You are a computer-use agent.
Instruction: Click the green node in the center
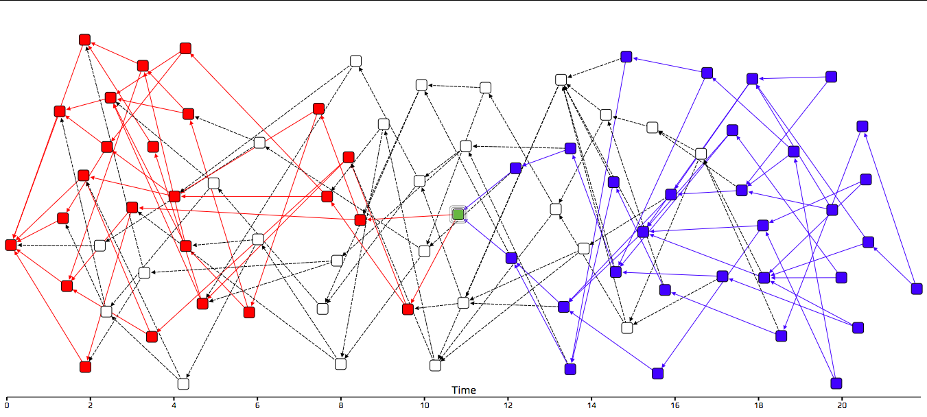coord(458,215)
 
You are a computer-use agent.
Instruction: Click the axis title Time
coord(463,390)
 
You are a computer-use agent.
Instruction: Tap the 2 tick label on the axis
coord(90,405)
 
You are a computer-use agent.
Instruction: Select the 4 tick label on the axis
coord(174,405)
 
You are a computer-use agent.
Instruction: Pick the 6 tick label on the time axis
coord(257,405)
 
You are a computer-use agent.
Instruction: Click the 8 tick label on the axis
coord(341,405)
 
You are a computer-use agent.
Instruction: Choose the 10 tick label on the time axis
coord(424,405)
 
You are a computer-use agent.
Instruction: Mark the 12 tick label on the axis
coord(508,405)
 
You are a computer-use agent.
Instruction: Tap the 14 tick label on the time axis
coord(591,405)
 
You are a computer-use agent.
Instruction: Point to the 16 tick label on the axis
coord(675,405)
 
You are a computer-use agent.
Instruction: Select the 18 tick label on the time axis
coord(758,405)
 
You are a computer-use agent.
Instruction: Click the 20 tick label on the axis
coord(842,405)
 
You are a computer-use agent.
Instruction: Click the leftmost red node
coord(11,245)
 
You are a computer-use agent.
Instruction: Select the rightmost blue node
coord(917,289)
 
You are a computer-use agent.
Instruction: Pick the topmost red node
coord(85,40)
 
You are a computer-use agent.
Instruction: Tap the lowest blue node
coord(836,383)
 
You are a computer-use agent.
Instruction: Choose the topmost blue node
coord(626,56)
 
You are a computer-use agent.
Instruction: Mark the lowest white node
coord(183,383)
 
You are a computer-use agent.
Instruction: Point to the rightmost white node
coord(701,153)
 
